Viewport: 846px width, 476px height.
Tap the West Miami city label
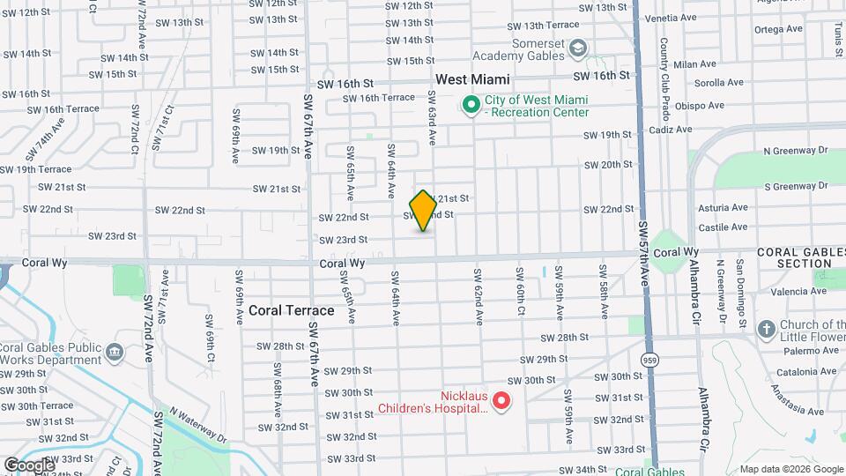click(472, 79)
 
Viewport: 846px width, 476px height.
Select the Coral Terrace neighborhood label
click(291, 310)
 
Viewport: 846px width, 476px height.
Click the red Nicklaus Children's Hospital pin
click(501, 402)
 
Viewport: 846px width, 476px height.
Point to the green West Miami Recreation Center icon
click(471, 107)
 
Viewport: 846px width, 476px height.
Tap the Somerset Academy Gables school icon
click(578, 48)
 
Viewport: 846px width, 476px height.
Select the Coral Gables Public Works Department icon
click(115, 353)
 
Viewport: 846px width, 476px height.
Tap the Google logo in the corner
click(29, 465)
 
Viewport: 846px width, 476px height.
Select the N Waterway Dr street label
click(197, 426)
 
